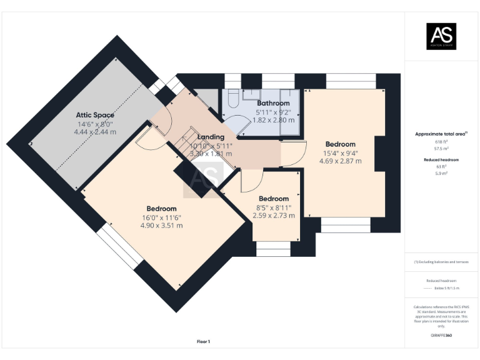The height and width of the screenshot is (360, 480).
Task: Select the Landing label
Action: pos(211,137)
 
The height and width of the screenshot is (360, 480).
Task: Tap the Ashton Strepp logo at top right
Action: pos(441,36)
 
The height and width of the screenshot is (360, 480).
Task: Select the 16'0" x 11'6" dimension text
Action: pos(161,217)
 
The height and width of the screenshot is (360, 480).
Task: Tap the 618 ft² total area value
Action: pos(441,142)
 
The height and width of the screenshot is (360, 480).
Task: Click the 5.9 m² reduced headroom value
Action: pos(441,173)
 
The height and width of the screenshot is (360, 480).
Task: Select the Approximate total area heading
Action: pos(441,134)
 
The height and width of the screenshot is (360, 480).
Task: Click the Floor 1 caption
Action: pos(204,341)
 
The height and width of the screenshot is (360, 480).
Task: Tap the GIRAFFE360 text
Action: pos(441,336)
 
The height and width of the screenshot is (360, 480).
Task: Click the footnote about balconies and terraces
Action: pos(441,262)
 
